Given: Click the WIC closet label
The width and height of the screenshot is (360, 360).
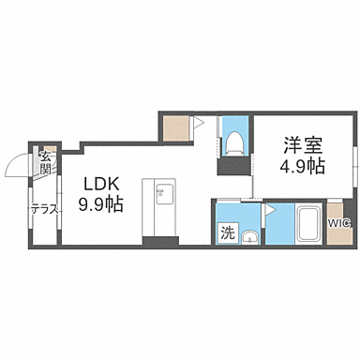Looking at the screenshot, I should tap(338, 222).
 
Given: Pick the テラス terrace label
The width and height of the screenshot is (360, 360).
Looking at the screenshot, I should tap(45, 209).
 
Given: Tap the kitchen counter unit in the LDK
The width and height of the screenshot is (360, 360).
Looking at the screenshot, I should tap(159, 206).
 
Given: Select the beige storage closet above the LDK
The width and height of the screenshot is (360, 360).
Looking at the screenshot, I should tap(173, 127).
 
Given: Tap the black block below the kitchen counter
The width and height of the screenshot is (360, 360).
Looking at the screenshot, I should tap(159, 241).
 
